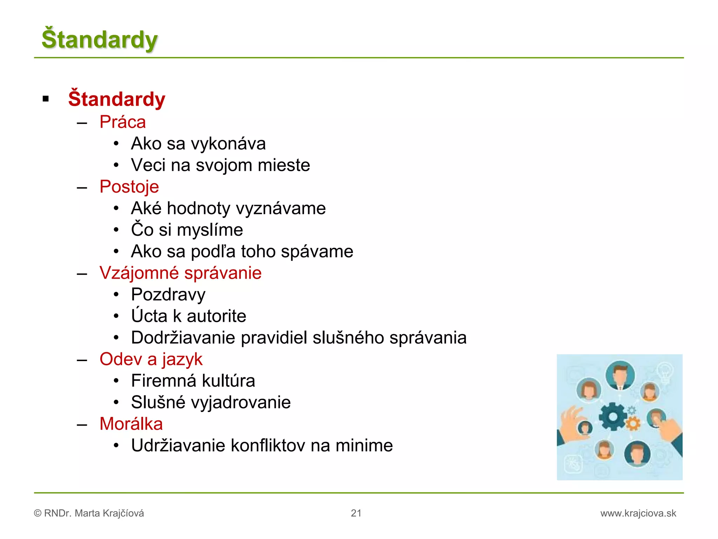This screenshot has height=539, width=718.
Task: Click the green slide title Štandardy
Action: click(100, 39)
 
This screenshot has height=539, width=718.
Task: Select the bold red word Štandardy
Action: click(116, 99)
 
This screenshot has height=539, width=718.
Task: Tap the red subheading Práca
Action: click(122, 122)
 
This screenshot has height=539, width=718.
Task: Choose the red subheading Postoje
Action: click(129, 187)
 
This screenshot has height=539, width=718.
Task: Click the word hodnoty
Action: click(198, 208)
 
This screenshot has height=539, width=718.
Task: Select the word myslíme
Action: click(210, 230)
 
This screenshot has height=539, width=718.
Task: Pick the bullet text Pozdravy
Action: click(168, 295)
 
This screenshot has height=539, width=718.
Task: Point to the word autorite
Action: click(216, 316)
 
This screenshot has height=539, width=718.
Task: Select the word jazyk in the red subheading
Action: click(182, 359)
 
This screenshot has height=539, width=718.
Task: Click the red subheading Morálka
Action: click(131, 424)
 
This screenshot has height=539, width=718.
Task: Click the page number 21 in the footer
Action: click(356, 513)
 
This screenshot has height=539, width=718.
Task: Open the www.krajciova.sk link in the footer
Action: click(638, 513)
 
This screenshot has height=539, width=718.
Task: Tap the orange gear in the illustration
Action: click(633, 424)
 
